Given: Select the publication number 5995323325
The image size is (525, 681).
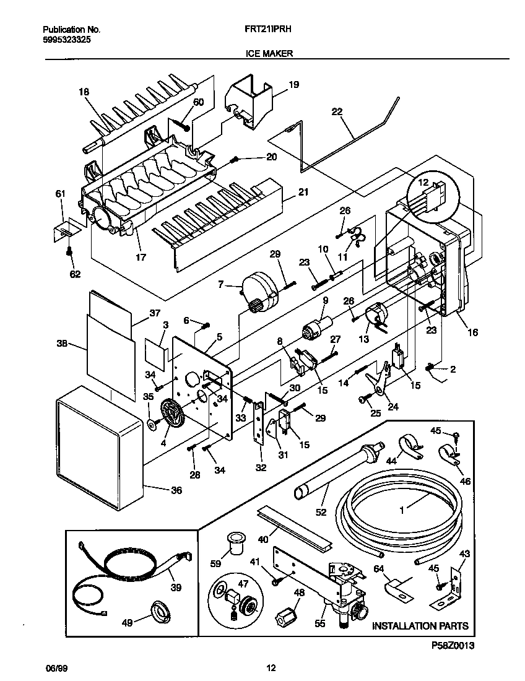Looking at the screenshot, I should (x=68, y=39).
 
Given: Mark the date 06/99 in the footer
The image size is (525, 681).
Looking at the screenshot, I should (x=54, y=668).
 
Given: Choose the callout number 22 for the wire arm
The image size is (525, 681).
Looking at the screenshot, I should (x=337, y=111).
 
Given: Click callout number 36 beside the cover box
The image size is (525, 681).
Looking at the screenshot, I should (x=176, y=491).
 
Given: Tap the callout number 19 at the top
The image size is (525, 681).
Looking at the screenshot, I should (x=293, y=84).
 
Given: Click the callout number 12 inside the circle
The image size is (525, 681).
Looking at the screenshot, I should (x=423, y=183).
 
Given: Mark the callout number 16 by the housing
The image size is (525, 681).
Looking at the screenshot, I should (x=472, y=332).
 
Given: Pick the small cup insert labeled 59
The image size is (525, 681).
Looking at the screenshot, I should (x=235, y=542).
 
